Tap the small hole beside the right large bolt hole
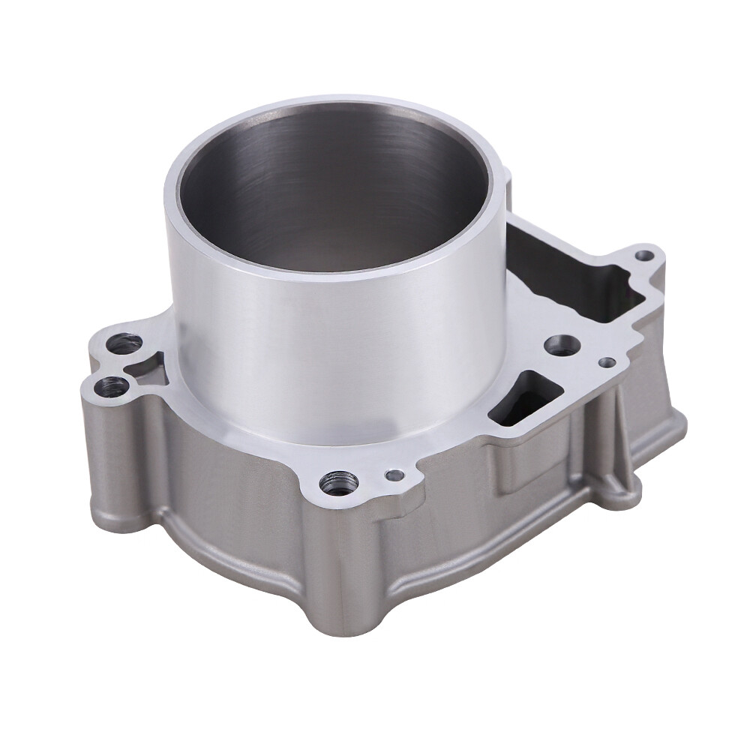(608, 362)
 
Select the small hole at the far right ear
(643, 256)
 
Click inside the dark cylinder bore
(334, 195)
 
